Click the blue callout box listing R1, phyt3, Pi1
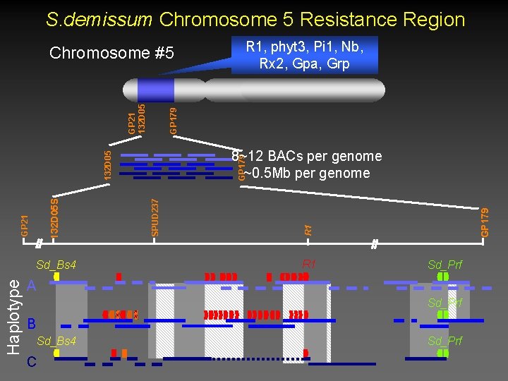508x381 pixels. [305, 55]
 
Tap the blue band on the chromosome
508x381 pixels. [155, 90]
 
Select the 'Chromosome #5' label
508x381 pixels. [111, 53]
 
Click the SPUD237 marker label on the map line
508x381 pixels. [155, 217]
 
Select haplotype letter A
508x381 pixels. [31, 286]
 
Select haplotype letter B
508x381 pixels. [31, 324]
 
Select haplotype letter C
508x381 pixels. [31, 362]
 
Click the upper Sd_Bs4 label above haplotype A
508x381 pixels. [56, 265]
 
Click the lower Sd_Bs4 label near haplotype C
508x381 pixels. [56, 341]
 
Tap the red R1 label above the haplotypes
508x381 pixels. [309, 265]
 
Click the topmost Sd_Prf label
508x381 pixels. [445, 265]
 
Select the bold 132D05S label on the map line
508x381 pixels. [54, 216]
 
